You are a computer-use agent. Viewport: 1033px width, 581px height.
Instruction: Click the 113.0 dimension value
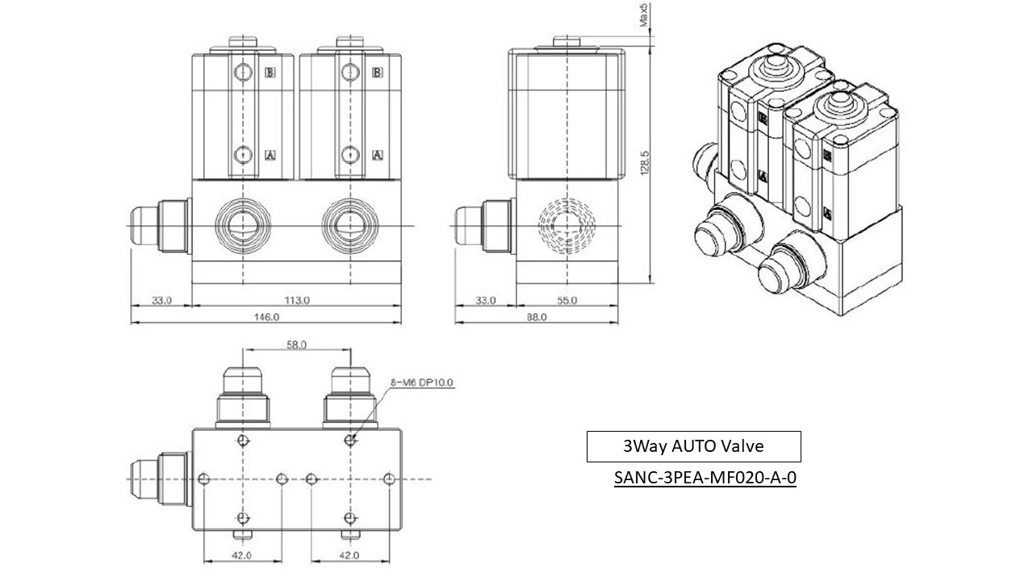click(x=296, y=300)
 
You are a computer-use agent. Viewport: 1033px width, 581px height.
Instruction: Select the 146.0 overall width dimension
click(x=266, y=317)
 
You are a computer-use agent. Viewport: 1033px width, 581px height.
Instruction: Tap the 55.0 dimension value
click(x=567, y=300)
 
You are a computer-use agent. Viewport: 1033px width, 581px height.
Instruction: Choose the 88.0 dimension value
click(x=536, y=317)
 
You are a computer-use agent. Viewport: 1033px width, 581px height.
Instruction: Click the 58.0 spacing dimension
click(x=296, y=345)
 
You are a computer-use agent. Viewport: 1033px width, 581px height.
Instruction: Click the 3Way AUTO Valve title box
click(x=693, y=446)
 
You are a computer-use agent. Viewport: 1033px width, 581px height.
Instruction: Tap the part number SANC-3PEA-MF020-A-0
click(x=705, y=478)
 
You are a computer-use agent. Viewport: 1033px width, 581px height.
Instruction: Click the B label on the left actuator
click(x=270, y=73)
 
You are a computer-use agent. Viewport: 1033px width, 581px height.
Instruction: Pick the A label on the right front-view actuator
click(x=377, y=154)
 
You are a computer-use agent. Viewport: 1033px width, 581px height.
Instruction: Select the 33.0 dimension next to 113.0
click(x=161, y=300)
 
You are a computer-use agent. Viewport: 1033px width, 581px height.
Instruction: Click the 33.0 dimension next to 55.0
click(x=485, y=300)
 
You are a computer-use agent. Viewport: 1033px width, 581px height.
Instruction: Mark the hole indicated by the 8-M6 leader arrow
click(x=350, y=440)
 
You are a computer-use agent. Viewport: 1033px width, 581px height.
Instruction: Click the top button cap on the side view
click(x=567, y=41)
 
